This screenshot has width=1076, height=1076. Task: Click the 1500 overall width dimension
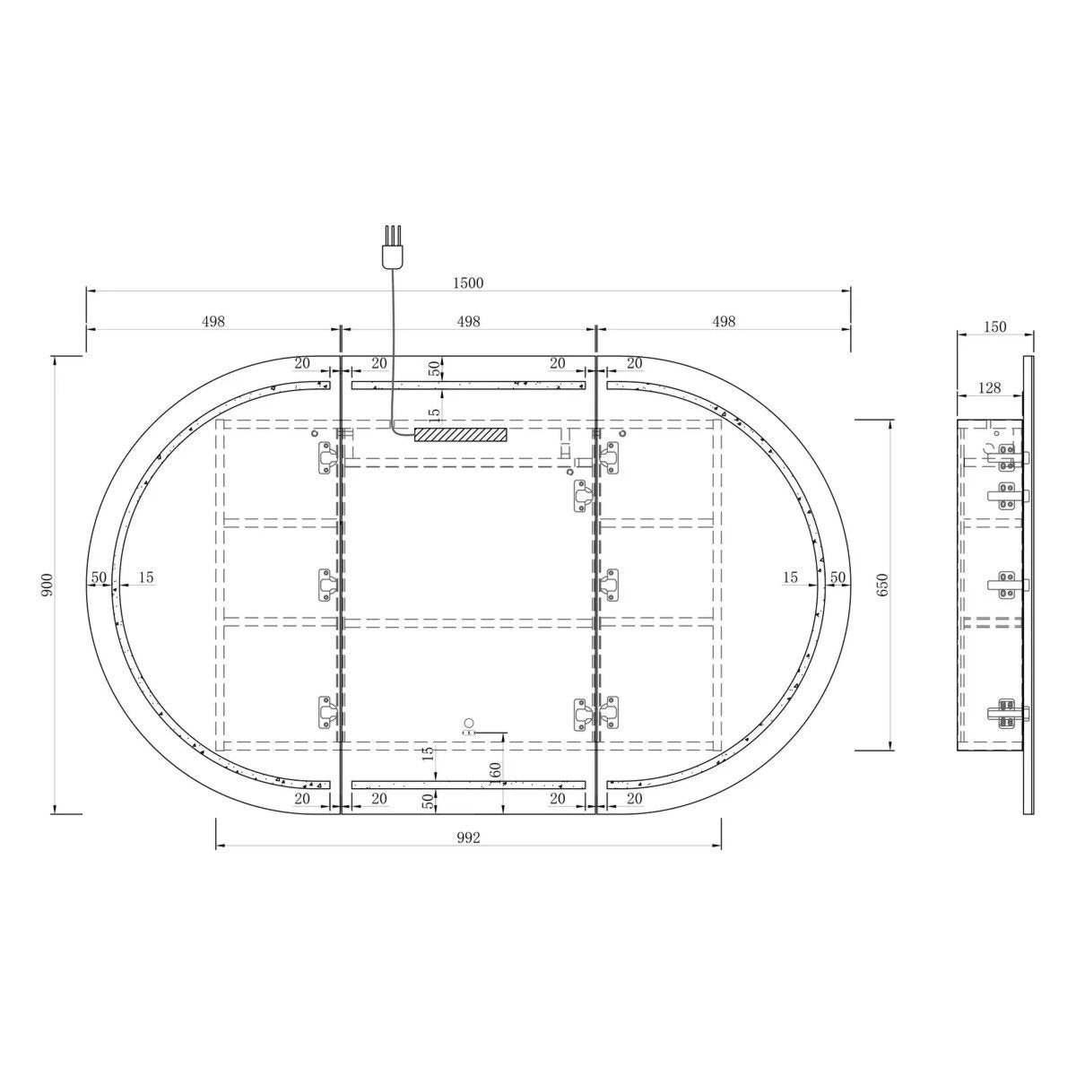click(468, 283)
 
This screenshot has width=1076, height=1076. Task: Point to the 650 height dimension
click(882, 584)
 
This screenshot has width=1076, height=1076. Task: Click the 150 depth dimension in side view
click(995, 326)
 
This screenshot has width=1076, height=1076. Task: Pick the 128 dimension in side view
click(990, 387)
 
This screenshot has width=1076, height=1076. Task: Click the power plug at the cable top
click(393, 246)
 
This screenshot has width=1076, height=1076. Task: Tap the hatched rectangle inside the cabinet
click(460, 434)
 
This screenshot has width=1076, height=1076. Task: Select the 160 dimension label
click(496, 772)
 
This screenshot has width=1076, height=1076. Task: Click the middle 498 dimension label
click(468, 322)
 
